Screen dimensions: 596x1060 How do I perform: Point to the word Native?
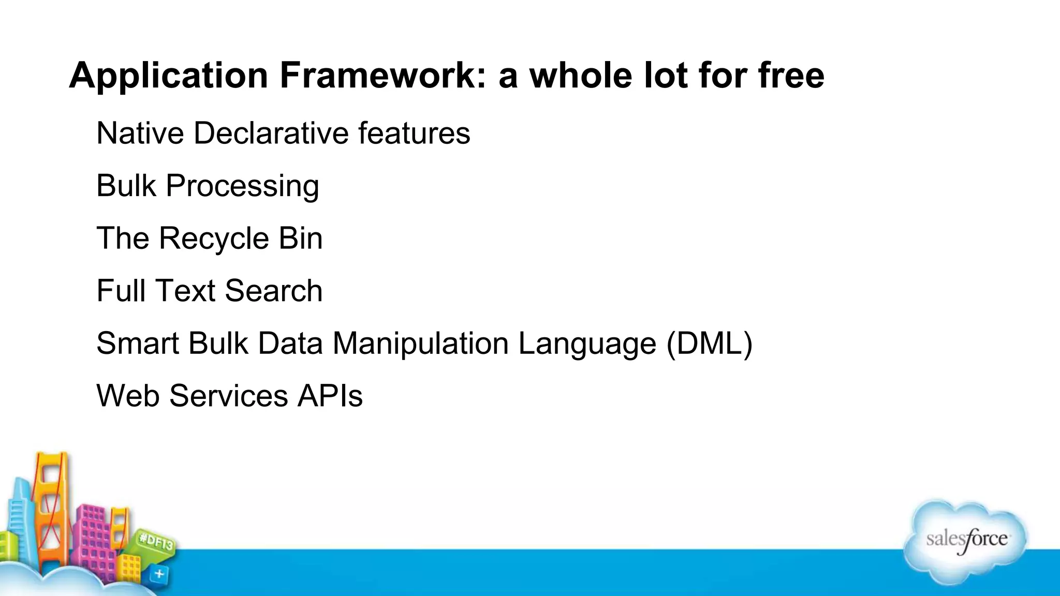[x=140, y=133]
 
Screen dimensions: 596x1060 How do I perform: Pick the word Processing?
[x=242, y=186]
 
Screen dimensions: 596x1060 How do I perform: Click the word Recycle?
[x=214, y=239]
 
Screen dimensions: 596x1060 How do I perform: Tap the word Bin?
[x=301, y=239]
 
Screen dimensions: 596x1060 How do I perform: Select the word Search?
[x=274, y=291]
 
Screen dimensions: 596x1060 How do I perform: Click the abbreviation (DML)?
[x=710, y=344]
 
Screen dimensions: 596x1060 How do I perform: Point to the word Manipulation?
[x=420, y=344]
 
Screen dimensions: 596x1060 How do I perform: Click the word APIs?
[x=330, y=396]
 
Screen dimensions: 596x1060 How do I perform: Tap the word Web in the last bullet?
[x=128, y=396]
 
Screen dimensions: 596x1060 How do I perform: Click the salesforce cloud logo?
[x=966, y=541]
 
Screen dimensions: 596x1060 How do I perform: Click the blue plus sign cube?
[x=159, y=574]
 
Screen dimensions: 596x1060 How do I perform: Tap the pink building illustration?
[x=93, y=538]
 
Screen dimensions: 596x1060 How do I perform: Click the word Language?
[x=587, y=344]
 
